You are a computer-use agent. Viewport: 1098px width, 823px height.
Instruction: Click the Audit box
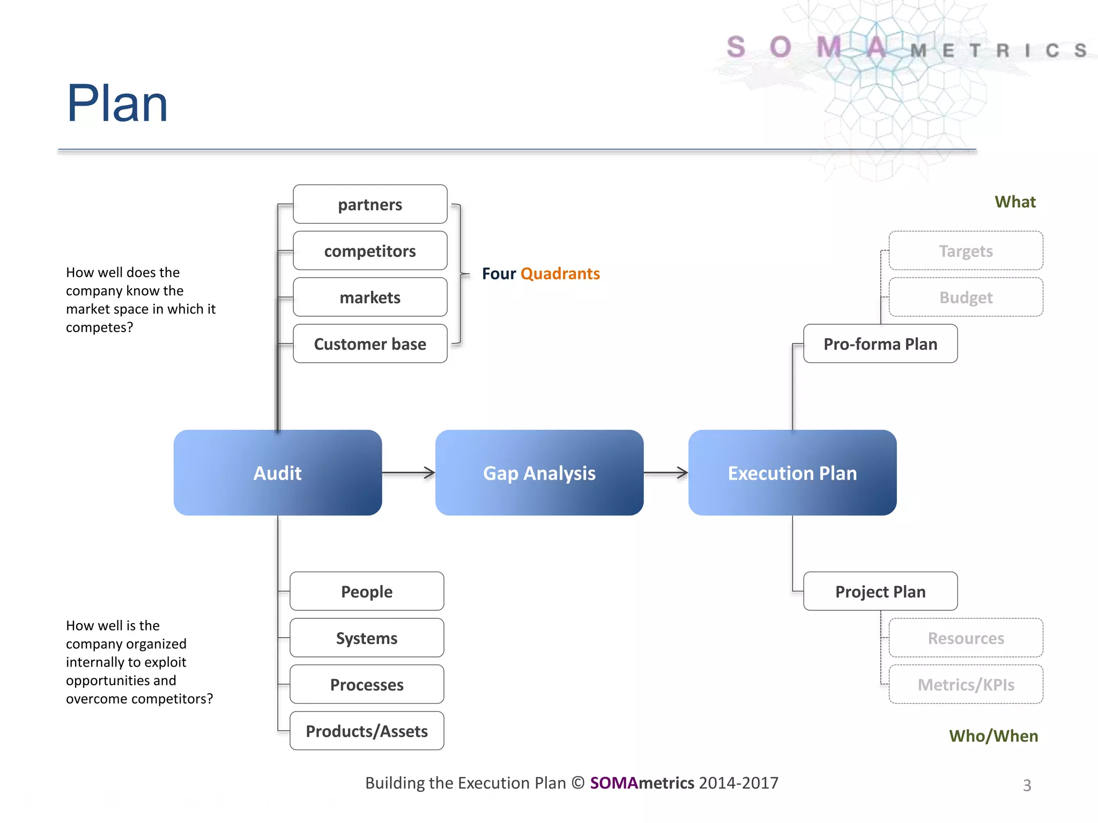(277, 473)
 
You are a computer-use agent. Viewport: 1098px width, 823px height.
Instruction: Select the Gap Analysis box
(539, 473)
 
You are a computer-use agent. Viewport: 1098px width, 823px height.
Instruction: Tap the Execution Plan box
(792, 473)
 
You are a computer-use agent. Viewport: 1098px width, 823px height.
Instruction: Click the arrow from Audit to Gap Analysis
(409, 473)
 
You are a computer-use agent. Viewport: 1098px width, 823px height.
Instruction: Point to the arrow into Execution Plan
(665, 473)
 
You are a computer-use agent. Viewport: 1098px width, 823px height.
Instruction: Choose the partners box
(370, 204)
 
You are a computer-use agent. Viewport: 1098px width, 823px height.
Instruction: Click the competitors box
(370, 251)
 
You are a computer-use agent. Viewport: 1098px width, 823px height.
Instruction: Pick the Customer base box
(370, 343)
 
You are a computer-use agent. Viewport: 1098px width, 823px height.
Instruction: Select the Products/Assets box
(367, 731)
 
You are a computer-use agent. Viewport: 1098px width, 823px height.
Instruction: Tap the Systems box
(367, 638)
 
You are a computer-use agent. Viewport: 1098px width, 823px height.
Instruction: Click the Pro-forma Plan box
(880, 343)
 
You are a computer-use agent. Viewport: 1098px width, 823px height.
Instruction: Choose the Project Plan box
(880, 591)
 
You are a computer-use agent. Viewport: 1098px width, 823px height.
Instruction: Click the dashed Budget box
(966, 297)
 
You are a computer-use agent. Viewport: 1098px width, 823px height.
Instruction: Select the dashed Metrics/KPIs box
(966, 684)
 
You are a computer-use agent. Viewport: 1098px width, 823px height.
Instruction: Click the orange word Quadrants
(560, 273)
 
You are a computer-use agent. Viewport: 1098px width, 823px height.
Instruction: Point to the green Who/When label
(993, 736)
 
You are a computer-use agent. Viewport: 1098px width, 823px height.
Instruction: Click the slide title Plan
(117, 103)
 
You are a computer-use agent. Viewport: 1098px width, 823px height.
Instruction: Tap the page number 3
(1027, 785)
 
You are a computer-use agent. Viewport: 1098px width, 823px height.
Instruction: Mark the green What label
(1015, 201)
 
